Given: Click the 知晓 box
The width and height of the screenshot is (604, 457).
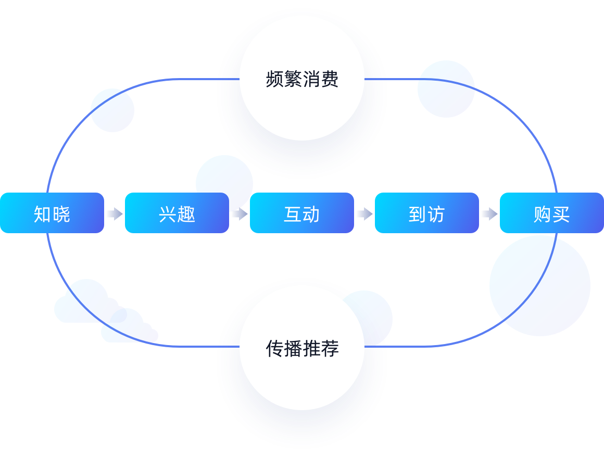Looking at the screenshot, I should (52, 213).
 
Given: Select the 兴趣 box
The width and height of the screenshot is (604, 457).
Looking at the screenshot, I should (177, 213).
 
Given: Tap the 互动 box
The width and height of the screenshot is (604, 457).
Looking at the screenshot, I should (302, 213).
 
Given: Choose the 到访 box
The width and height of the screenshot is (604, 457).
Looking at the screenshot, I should (427, 213).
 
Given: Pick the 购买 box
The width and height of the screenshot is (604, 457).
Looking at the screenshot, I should (552, 213).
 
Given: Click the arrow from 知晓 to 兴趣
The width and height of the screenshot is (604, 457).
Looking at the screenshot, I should (115, 213).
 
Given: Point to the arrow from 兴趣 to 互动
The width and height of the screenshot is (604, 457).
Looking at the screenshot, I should (240, 213).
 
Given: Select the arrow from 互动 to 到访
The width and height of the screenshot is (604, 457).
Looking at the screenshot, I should (364, 213).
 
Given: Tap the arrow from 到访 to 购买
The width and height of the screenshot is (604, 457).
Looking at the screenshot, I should (489, 213).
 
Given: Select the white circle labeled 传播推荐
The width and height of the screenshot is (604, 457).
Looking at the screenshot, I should (302, 347).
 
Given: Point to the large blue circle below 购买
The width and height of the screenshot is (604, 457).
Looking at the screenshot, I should (539, 286).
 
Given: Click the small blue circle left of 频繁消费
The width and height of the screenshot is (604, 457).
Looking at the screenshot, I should (112, 110).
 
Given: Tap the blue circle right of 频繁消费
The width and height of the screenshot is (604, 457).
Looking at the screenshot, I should (446, 89).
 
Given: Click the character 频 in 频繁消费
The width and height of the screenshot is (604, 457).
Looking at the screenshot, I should (274, 79).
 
